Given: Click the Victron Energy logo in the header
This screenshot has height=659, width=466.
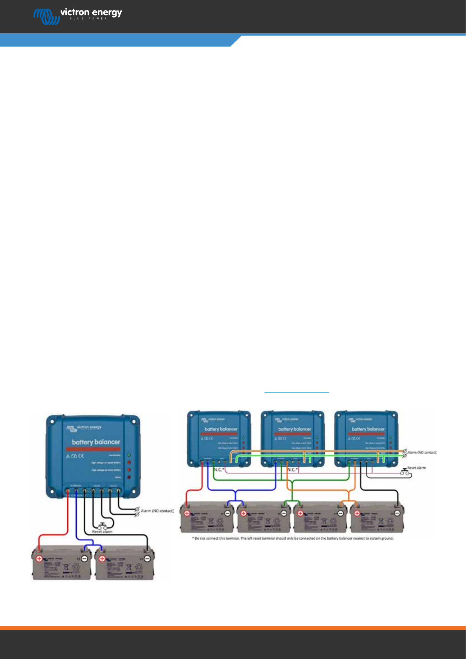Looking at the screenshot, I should point(77,16).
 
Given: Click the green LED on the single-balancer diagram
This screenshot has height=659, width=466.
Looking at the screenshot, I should point(129,455).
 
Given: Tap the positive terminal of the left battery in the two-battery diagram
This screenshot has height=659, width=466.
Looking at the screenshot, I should point(39,558).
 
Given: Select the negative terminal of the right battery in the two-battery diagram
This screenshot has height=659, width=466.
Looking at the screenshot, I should point(148,558).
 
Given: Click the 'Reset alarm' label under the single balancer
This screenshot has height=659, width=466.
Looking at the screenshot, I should point(102,532).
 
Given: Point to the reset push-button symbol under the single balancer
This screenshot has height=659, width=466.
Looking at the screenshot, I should point(103,526).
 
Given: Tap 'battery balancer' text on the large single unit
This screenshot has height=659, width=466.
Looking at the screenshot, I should point(96,442).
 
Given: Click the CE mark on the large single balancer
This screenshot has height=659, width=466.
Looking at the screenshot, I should point(81,456).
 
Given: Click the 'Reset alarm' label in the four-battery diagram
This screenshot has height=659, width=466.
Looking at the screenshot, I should point(416,468).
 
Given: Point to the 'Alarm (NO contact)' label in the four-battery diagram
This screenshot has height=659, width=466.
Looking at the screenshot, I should point(421,452).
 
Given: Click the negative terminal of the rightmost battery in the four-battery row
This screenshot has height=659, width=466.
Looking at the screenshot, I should point(397,513).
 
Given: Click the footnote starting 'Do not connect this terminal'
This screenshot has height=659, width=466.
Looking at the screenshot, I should point(293,538).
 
